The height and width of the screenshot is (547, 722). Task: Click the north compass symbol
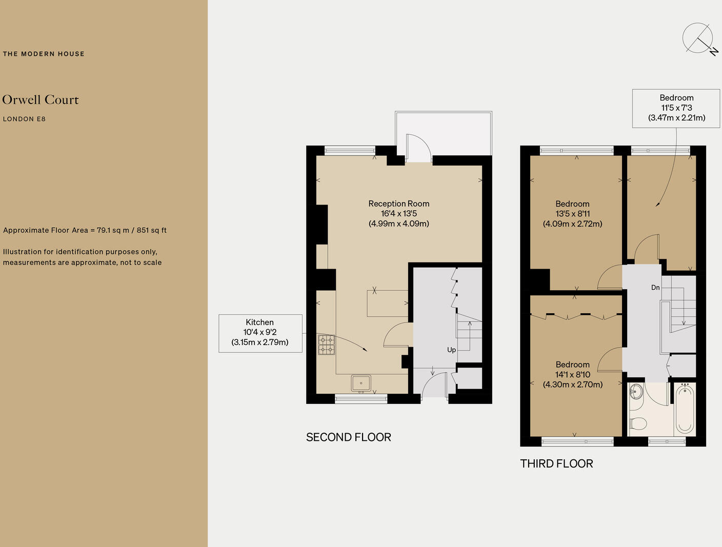(698, 38)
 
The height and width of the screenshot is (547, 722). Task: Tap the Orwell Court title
(41, 100)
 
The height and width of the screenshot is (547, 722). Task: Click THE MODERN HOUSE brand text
(44, 54)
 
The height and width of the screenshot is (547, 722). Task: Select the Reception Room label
(399, 213)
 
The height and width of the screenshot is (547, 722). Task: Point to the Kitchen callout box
(260, 333)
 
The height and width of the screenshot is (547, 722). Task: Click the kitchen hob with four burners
(326, 345)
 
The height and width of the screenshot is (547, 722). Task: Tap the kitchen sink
(361, 383)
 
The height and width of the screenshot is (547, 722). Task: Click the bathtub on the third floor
(685, 409)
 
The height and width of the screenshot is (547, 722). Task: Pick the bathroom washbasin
(635, 392)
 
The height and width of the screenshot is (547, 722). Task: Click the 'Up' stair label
(451, 350)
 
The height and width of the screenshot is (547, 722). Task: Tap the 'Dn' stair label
(655, 288)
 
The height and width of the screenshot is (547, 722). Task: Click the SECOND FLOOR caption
(349, 437)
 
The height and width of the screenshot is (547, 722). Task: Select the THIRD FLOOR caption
(556, 463)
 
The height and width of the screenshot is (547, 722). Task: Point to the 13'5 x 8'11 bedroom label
(572, 214)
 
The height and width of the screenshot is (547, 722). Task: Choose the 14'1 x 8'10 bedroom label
(573, 374)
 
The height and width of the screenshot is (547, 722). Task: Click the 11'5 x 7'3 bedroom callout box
(676, 108)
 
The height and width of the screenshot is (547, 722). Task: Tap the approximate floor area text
(85, 230)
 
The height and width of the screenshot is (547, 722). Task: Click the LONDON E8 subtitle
(24, 119)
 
